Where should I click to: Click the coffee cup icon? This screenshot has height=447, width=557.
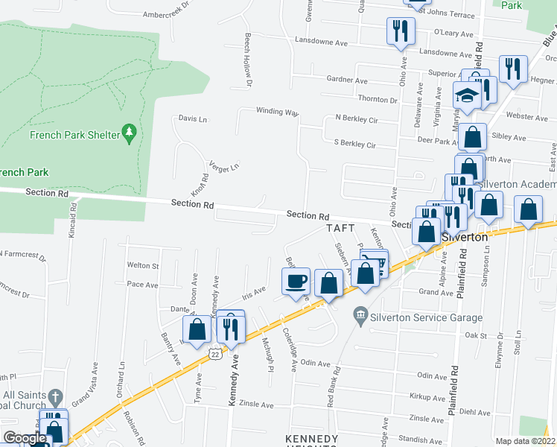coord(296,281)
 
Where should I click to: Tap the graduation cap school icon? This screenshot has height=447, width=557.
coord(467,96)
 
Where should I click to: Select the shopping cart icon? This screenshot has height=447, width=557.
coord(375,263)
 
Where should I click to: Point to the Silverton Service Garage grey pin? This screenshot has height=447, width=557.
coord(361,312)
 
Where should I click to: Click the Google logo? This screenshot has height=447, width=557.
coord(25,438)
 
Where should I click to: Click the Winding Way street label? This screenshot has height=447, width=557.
coord(277,112)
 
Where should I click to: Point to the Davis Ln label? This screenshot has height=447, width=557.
coord(192,118)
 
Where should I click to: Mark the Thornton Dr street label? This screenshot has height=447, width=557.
coord(378,99)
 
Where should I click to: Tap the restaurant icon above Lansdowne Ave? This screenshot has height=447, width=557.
coord(400,31)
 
